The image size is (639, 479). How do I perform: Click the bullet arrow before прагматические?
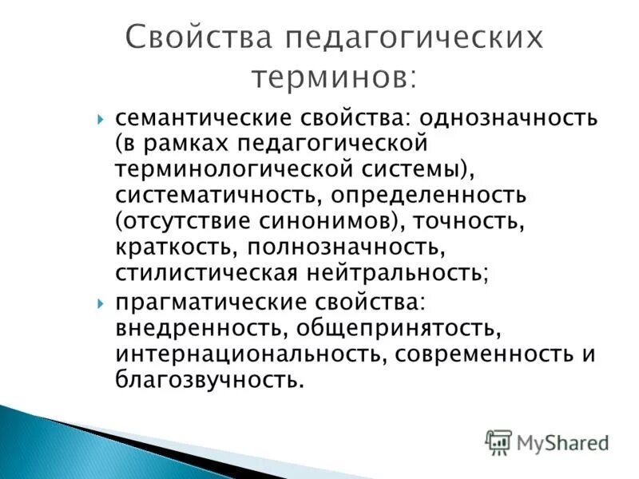101,303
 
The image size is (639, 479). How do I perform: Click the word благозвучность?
209,381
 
